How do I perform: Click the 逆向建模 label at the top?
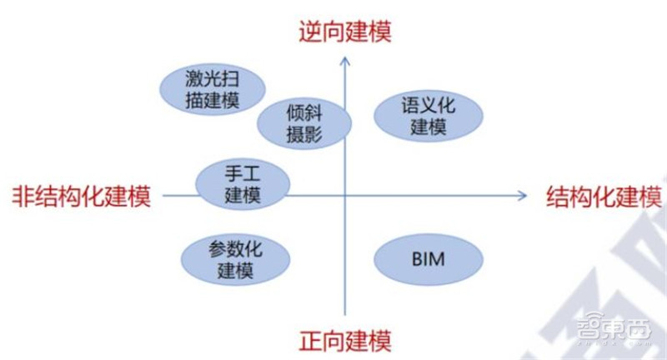[344, 31]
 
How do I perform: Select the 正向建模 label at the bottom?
[344, 340]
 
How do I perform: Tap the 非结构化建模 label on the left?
[81, 197]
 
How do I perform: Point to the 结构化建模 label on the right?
[604, 197]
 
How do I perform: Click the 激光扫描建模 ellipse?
[212, 89]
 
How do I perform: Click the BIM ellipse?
[429, 259]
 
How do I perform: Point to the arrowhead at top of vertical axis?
[344, 59]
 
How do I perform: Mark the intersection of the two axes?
[344, 196]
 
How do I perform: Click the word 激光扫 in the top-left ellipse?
[212, 78]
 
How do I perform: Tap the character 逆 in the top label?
[310, 31]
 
